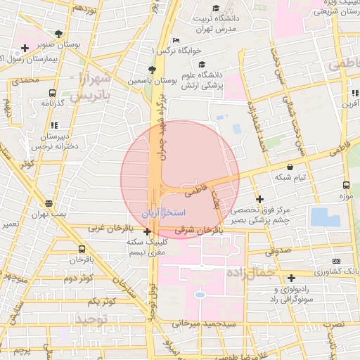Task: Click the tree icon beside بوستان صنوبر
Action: point(58,33)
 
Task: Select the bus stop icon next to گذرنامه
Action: point(52,92)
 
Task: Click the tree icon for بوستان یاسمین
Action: point(152,69)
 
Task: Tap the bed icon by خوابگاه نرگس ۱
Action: point(176,40)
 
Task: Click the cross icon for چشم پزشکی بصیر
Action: point(260,200)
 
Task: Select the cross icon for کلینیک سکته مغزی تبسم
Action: point(147,231)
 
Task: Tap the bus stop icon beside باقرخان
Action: point(82,248)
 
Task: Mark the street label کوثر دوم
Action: point(78,279)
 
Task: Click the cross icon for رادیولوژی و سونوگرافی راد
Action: point(291,278)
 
